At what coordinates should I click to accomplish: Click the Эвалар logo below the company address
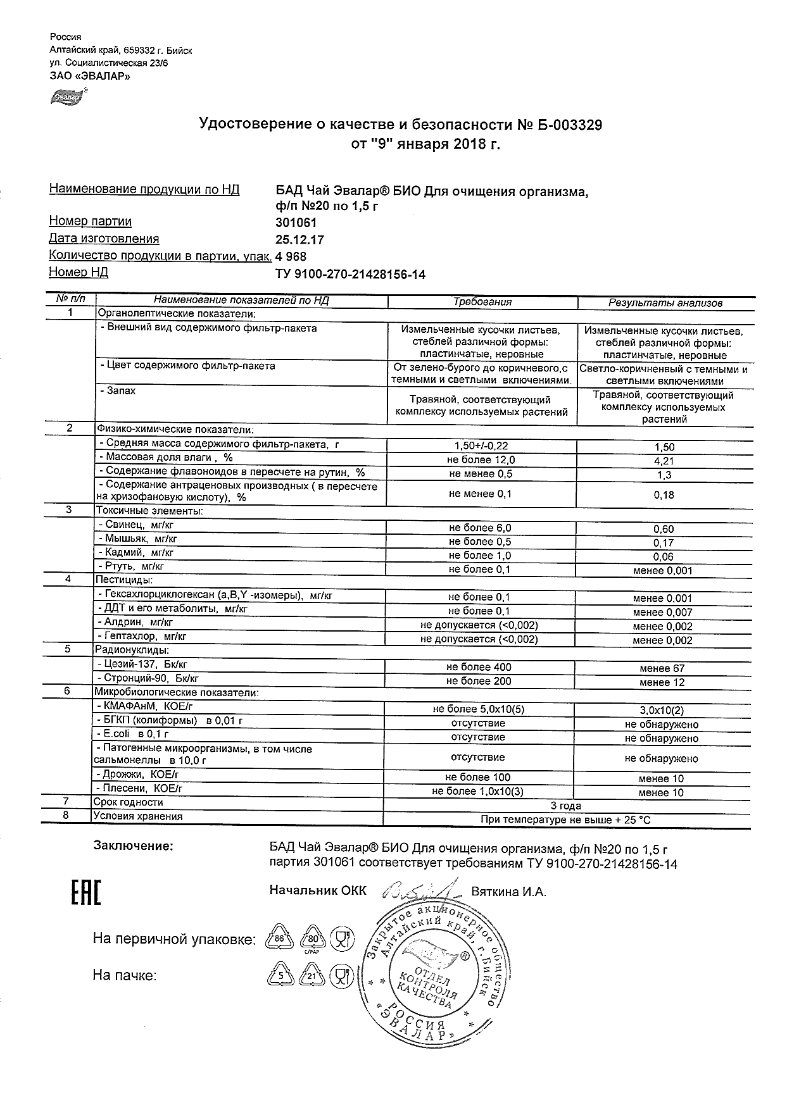tap(67, 97)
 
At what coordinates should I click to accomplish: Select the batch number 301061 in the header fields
tap(296, 223)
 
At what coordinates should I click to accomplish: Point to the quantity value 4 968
tap(291, 257)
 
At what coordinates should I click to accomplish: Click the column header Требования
tap(482, 302)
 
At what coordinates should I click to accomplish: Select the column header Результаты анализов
tap(665, 303)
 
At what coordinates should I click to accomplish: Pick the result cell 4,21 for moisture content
tap(664, 461)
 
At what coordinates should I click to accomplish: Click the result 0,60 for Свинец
tap(664, 529)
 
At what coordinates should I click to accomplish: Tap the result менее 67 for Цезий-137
tap(662, 668)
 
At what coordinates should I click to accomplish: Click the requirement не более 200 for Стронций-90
tap(479, 682)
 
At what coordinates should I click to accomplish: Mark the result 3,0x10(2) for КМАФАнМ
tap(662, 711)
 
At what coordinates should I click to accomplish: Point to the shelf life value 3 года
tap(565, 806)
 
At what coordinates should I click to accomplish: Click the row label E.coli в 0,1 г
tap(132, 735)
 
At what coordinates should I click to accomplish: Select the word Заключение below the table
tap(133, 846)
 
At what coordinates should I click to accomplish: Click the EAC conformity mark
tap(84, 892)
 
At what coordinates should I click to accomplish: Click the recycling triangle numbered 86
tap(279, 939)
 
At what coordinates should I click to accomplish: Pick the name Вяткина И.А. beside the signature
tap(508, 892)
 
